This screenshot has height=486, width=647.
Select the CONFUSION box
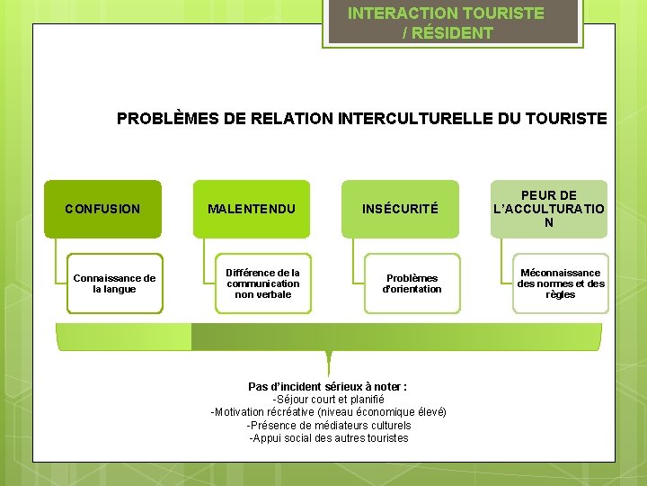point(103,209)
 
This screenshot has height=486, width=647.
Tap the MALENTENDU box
point(252,209)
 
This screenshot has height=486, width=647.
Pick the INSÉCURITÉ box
point(400,209)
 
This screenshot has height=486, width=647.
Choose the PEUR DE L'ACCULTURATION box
point(548,209)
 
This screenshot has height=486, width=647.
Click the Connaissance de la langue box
point(115,283)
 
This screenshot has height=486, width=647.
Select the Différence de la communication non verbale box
point(263,283)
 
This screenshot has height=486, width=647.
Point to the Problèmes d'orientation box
point(412,283)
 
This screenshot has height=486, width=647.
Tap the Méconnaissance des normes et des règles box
point(561,283)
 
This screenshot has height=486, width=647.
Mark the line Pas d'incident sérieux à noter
point(328,386)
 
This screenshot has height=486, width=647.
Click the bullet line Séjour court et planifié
point(328,400)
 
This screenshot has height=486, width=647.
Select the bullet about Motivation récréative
point(328,412)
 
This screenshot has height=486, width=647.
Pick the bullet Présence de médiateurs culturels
point(328,425)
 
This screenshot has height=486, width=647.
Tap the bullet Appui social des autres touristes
point(328,438)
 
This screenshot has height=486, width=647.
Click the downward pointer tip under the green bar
point(329,371)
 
